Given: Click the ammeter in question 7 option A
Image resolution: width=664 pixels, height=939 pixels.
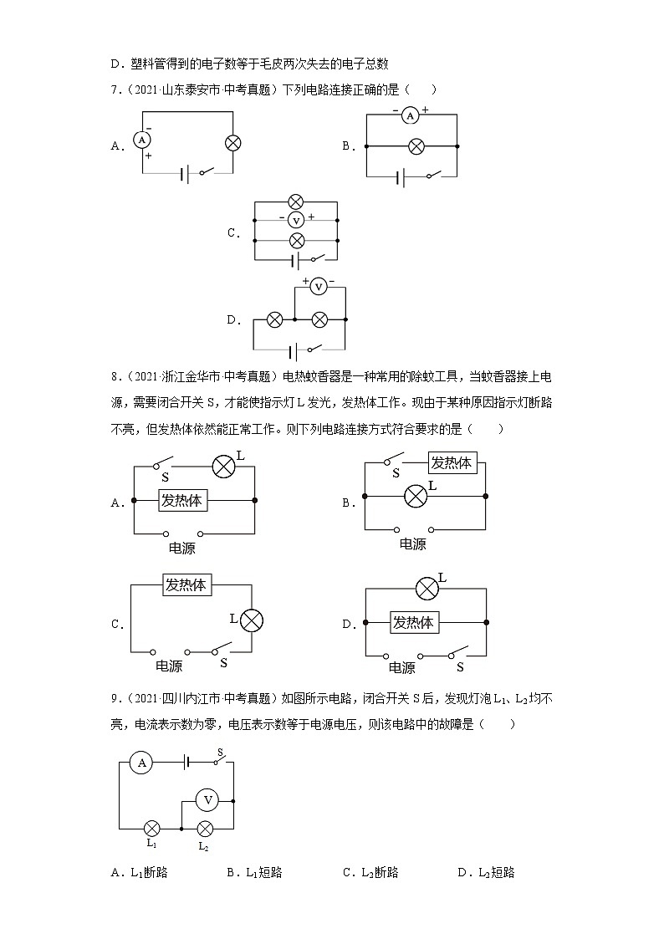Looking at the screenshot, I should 143,140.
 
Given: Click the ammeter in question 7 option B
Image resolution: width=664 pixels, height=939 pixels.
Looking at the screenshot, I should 410,117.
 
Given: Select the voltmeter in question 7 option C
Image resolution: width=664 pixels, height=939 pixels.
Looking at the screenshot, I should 295,220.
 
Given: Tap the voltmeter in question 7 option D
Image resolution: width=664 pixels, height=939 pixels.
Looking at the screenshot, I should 319,287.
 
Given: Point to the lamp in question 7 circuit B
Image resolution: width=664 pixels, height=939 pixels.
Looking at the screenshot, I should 416,146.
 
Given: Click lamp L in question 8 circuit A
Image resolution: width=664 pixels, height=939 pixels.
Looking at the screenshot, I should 223,466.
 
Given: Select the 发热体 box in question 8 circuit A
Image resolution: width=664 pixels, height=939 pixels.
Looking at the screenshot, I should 183,501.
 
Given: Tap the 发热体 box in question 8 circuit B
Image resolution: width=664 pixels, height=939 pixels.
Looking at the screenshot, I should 452,463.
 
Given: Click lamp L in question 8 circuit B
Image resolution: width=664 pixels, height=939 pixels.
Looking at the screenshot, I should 416,496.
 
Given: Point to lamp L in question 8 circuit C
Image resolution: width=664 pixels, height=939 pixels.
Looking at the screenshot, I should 252,620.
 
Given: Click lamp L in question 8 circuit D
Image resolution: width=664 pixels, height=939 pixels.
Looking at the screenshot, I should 427,589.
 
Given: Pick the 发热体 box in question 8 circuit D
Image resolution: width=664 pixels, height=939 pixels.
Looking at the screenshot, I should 414,622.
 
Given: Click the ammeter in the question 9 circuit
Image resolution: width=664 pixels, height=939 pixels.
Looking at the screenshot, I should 142,763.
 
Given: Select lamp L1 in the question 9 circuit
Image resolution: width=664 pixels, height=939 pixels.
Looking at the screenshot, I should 152,828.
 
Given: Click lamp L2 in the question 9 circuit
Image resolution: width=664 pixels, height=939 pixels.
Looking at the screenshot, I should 205,828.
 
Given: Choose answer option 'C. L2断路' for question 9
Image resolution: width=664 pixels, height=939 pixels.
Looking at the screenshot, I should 370,872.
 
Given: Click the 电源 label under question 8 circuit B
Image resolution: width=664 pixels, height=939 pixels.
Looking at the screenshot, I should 412,543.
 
